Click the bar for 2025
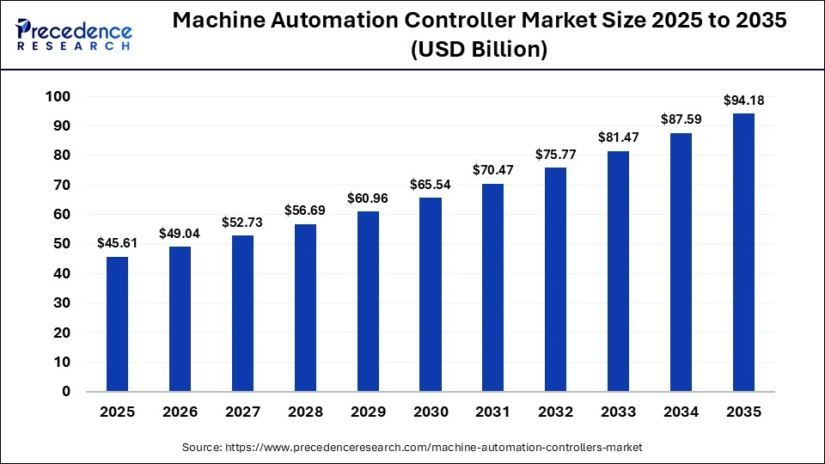point(117,324)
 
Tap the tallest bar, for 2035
point(743,253)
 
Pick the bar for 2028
point(305,308)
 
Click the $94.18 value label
point(743,101)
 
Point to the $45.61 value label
point(117,244)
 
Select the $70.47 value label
point(492,171)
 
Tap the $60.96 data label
point(367,198)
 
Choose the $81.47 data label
point(618,138)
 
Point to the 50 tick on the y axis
point(62,244)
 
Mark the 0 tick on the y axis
point(66,392)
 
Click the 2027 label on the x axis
point(242,412)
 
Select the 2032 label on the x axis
point(555,412)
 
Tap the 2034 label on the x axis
point(681,412)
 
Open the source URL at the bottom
point(412,448)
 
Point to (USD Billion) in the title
point(480,50)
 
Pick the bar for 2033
point(618,272)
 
